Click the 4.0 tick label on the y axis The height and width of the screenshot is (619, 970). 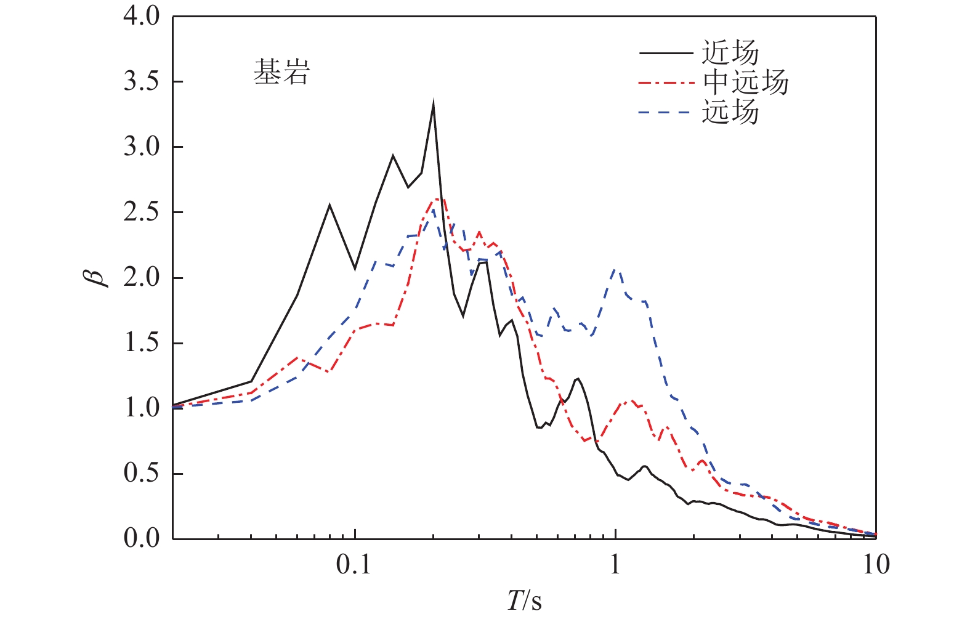141,17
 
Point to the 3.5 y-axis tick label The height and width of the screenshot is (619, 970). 141,82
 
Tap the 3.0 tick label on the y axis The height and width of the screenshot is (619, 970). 141,147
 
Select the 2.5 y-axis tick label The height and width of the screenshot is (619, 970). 141,212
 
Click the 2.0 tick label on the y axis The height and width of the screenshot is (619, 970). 141,278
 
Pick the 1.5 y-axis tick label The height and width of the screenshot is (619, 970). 141,343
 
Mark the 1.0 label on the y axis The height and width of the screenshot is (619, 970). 141,408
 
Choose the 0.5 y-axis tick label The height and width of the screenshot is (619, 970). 141,474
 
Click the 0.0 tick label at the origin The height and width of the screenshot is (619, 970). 141,538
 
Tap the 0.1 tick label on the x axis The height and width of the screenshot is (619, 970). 355,564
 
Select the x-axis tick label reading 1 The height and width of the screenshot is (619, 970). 615,564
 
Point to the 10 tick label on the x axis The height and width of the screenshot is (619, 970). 875,564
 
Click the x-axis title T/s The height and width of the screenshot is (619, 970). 525,600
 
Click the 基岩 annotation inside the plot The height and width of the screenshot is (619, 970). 281,73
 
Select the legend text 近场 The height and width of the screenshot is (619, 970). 730,53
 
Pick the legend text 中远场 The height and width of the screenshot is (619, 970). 745,82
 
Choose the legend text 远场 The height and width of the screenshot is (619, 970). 730,112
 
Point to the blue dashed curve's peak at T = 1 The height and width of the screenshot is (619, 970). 615,269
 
